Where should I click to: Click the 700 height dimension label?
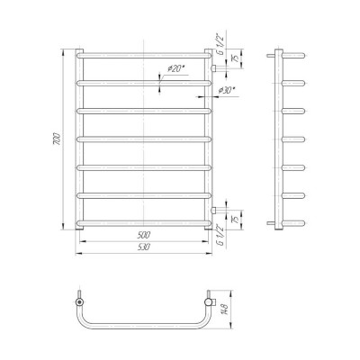pos(58,139)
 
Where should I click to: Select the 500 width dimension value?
pos(144,235)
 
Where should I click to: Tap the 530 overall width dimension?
pos(144,247)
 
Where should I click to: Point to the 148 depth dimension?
pos(224,310)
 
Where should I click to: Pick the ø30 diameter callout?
pos(226,90)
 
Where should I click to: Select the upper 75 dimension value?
pos(237,58)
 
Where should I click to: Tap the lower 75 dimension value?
pos(237,220)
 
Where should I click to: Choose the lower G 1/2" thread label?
pos(220,236)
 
